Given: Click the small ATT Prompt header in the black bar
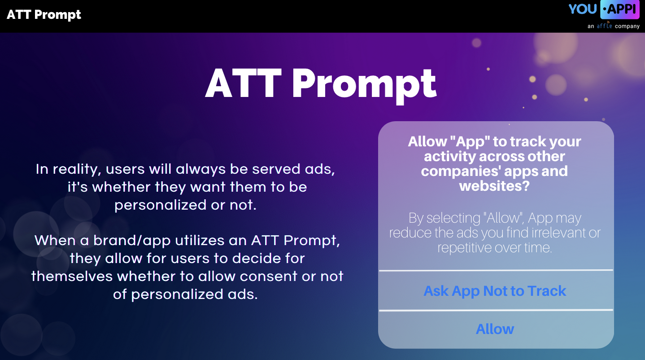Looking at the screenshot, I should pyautogui.click(x=44, y=14).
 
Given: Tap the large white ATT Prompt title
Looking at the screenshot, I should pyautogui.click(x=321, y=84).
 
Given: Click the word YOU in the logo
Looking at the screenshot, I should pyautogui.click(x=582, y=9).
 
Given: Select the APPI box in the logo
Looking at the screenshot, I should pyautogui.click(x=620, y=9).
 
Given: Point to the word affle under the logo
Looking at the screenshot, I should pyautogui.click(x=604, y=26).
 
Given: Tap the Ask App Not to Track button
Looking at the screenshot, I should pyautogui.click(x=495, y=291).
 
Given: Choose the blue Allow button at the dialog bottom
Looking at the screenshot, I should pyautogui.click(x=495, y=329).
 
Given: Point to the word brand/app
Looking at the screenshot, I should pyautogui.click(x=132, y=241).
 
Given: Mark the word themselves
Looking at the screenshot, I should pyautogui.click(x=72, y=276).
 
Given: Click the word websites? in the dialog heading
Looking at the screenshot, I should pyautogui.click(x=495, y=185).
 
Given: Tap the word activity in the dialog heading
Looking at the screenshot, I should pyautogui.click(x=450, y=156).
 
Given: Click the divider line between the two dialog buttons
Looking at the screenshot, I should pyautogui.click(x=496, y=310).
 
